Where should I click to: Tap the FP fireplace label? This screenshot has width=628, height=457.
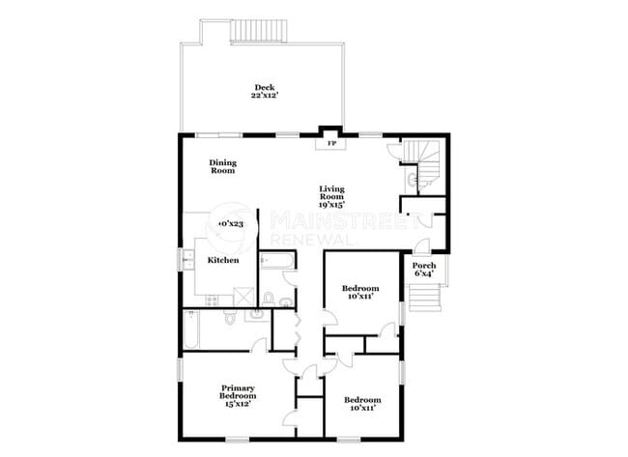331,144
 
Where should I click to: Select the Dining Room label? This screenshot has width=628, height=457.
223,167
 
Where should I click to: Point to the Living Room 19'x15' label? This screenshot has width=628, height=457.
332,196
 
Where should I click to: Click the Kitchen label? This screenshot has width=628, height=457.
224,261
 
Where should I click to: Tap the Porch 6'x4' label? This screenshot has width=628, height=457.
423,270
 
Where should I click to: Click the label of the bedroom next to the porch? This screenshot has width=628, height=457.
360,293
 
